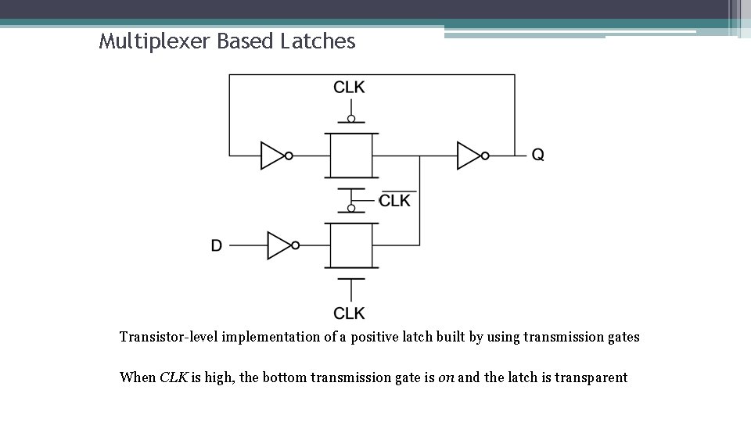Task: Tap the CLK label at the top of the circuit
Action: pos(349,87)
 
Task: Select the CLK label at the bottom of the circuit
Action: pos(349,313)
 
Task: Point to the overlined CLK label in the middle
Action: pos(395,201)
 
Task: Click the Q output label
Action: pos(538,156)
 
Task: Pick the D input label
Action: pos(217,245)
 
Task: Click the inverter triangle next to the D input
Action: pos(278,245)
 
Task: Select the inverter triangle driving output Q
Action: pos(469,156)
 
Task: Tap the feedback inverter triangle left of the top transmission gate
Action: pos(272,156)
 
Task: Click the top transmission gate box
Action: pos(351,156)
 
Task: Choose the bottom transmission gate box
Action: pos(351,245)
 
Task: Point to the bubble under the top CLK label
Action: pos(351,119)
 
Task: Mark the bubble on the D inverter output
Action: pos(296,245)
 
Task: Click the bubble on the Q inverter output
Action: pos(485,156)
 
